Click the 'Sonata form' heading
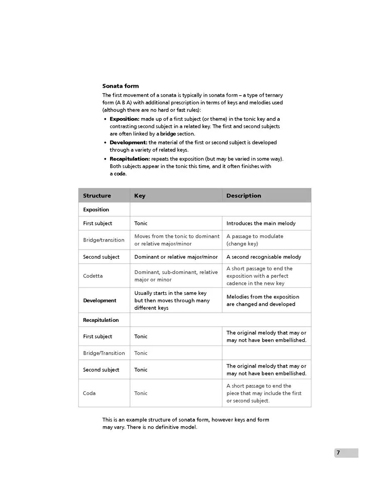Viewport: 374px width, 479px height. click(121, 86)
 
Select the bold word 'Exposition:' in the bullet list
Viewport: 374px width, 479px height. click(124, 119)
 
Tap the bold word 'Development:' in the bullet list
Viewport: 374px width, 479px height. click(128, 143)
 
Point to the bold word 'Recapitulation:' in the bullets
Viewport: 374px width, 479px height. click(130, 159)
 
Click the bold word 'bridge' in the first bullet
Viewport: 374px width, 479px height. click(168, 134)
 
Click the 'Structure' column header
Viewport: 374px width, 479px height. click(97, 196)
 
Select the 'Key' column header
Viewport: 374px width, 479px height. click(140, 196)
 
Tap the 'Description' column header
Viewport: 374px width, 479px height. click(244, 196)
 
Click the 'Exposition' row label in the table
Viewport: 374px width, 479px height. click(96, 210)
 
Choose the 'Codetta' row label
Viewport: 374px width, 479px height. click(93, 276)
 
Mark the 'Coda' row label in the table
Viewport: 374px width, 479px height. click(89, 393)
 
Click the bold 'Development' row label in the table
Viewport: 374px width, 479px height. click(100, 300)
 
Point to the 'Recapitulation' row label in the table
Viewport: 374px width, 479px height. click(101, 320)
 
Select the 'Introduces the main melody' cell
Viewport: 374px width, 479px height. click(261, 223)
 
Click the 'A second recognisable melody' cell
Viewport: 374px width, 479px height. click(264, 257)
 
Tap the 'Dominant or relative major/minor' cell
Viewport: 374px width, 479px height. click(176, 257)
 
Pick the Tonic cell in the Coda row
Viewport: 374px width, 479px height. click(141, 393)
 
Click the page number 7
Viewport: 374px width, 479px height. click(338, 453)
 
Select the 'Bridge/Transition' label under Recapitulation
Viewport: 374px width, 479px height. click(104, 353)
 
